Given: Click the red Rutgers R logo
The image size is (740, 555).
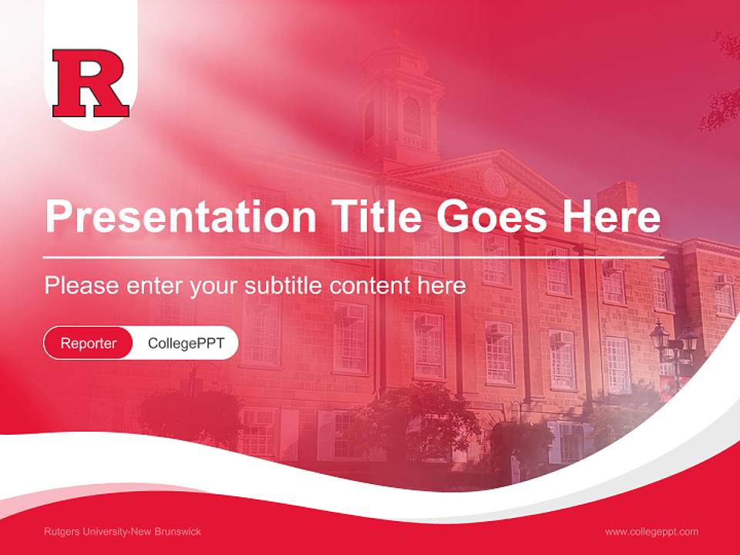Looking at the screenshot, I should point(90,83).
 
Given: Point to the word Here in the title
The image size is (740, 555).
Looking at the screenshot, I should point(610,217).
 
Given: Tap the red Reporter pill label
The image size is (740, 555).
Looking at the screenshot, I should point(88,343).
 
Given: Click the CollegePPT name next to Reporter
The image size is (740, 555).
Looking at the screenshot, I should point(186,343).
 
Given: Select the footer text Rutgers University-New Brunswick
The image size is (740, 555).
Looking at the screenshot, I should point(123,532).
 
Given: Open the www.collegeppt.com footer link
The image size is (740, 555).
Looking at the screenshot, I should point(651,532).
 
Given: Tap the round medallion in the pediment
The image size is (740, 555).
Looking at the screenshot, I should point(494,182).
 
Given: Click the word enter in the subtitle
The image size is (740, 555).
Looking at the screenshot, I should point(153,286).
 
